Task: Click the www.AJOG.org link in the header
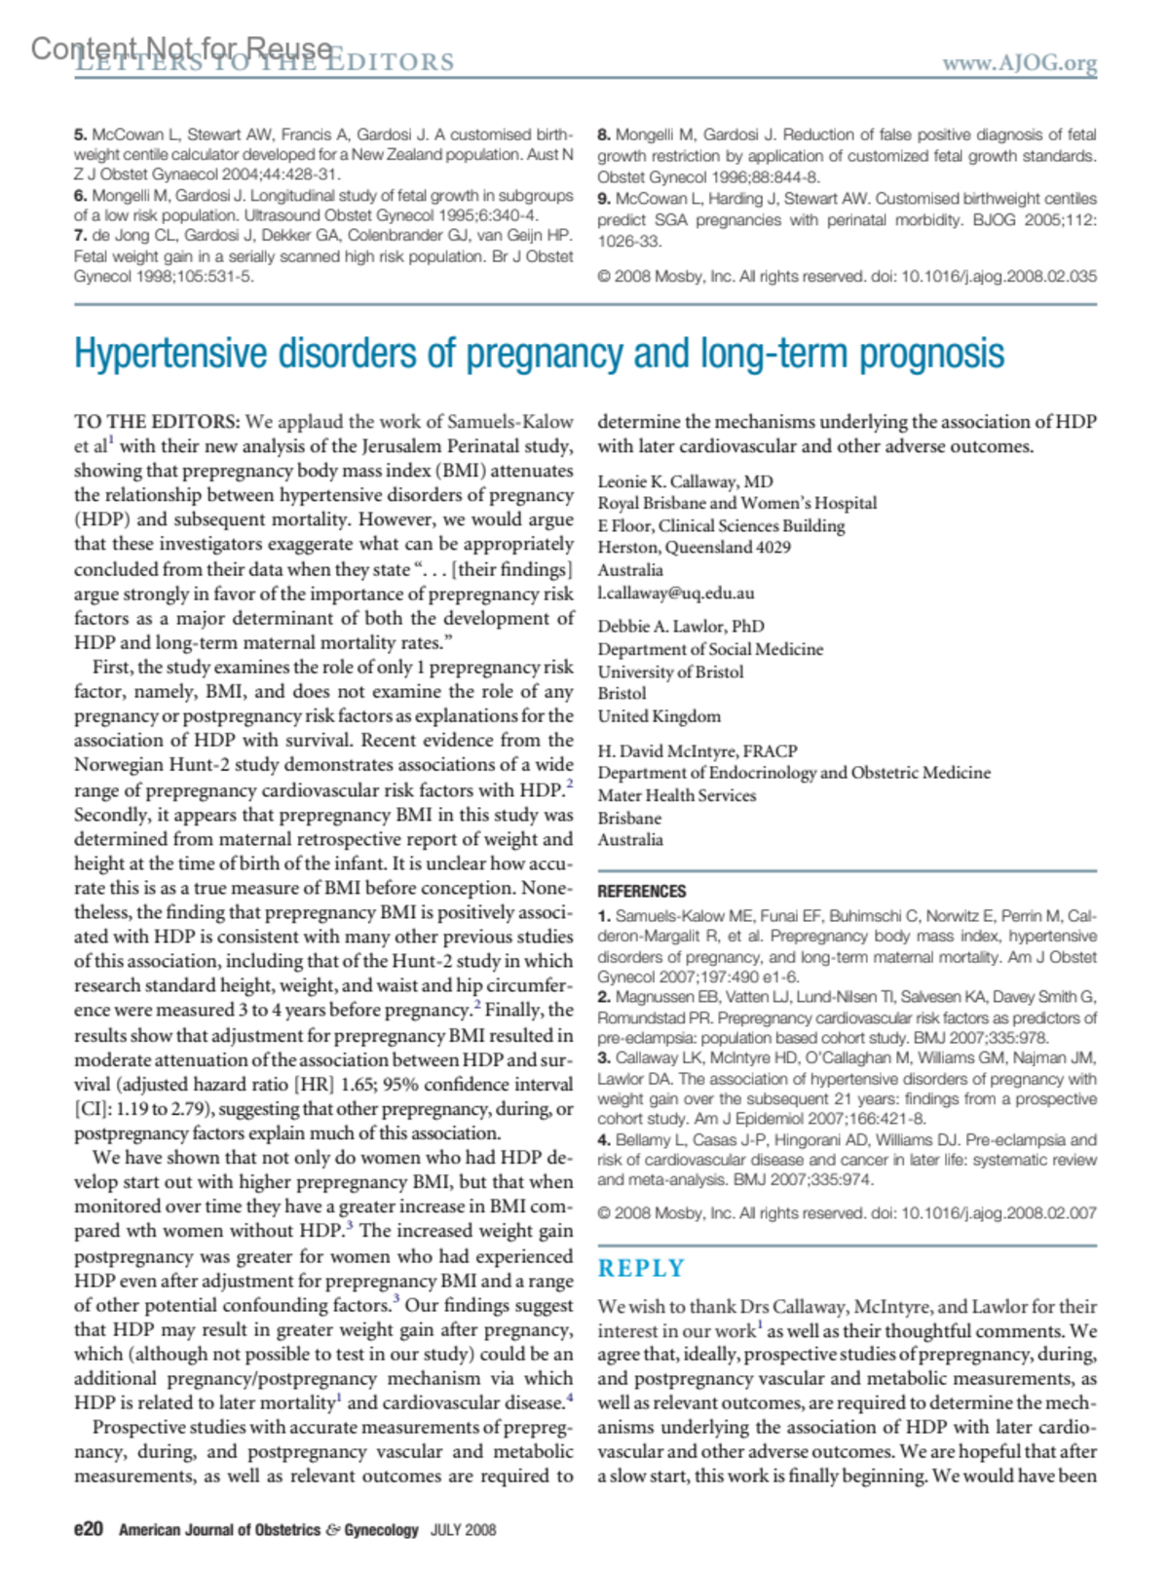(1018, 63)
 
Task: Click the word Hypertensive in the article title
(171, 354)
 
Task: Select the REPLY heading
(641, 1268)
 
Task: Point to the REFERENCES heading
(641, 891)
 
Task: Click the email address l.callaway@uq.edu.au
(675, 593)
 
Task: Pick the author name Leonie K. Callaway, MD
(685, 481)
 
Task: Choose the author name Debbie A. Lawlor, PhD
(680, 626)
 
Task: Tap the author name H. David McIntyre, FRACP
(697, 750)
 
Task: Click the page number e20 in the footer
(88, 1529)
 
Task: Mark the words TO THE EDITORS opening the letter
(156, 422)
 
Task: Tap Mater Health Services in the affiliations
(676, 795)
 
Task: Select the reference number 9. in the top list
(604, 199)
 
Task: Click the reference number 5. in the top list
(81, 135)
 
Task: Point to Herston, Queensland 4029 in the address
(694, 548)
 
